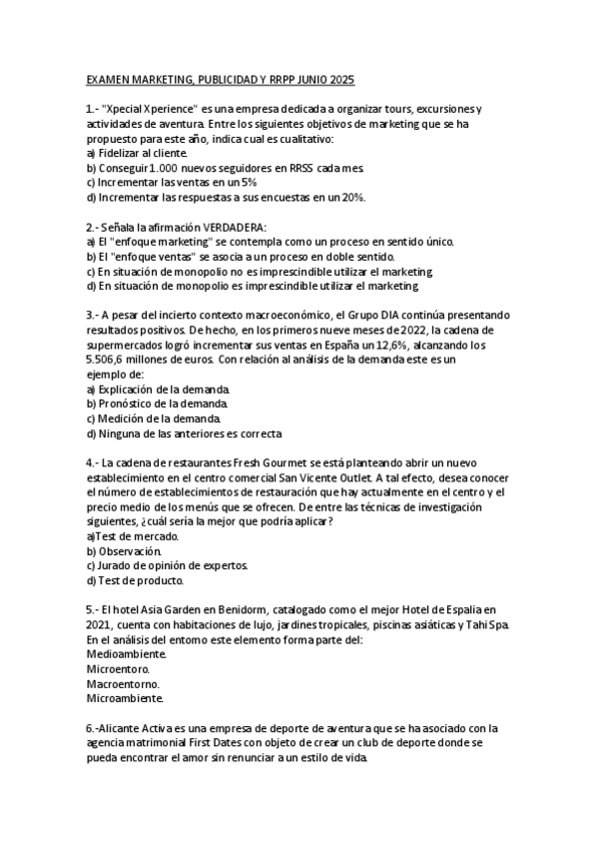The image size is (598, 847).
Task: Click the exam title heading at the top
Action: (221, 79)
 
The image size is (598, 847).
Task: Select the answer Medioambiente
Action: (126, 653)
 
